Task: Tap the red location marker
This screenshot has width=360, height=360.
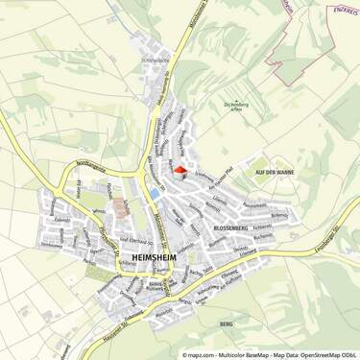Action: tap(178, 171)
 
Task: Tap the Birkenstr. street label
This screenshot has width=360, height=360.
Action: tap(279, 215)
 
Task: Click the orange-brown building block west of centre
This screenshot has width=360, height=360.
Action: tap(121, 206)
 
